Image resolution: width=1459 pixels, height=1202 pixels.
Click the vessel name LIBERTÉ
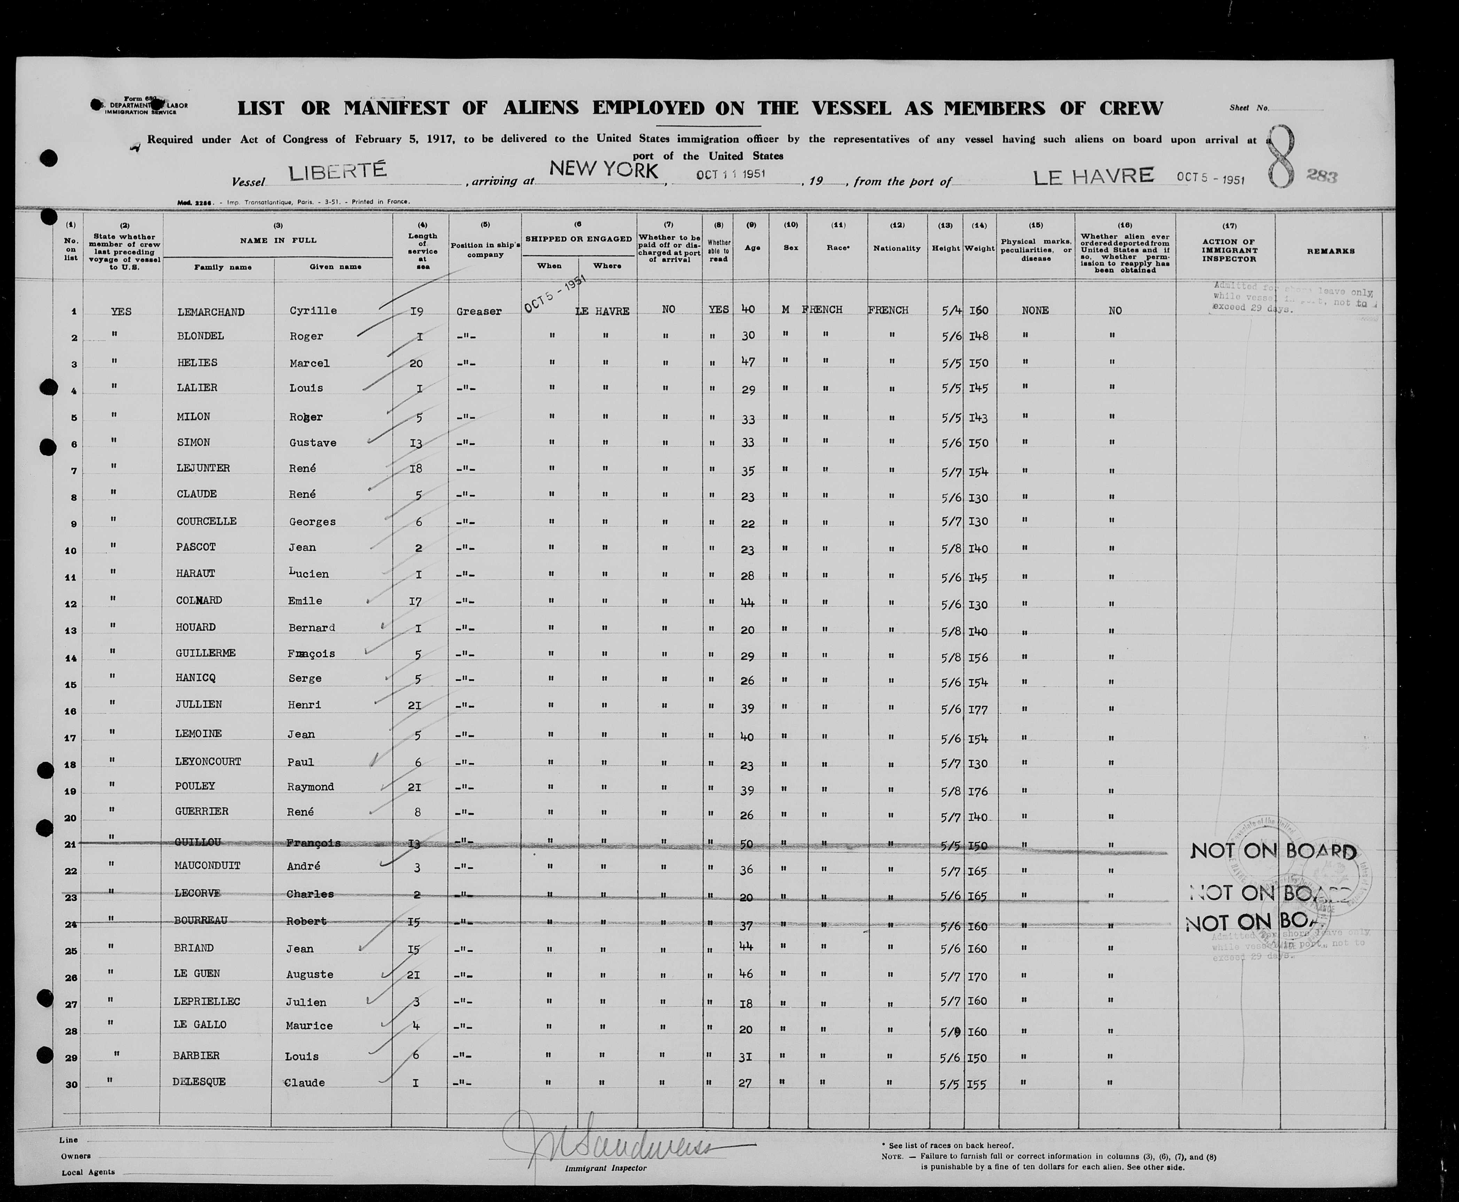(x=337, y=172)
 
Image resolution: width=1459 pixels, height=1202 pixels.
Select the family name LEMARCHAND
(x=211, y=312)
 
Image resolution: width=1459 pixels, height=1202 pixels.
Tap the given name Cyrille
(x=313, y=311)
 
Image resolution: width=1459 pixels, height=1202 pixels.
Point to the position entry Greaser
(x=478, y=312)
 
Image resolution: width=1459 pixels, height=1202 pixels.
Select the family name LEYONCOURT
(x=208, y=762)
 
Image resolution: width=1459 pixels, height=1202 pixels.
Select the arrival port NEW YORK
(x=603, y=170)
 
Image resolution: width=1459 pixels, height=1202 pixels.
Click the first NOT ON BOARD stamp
(x=1273, y=852)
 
